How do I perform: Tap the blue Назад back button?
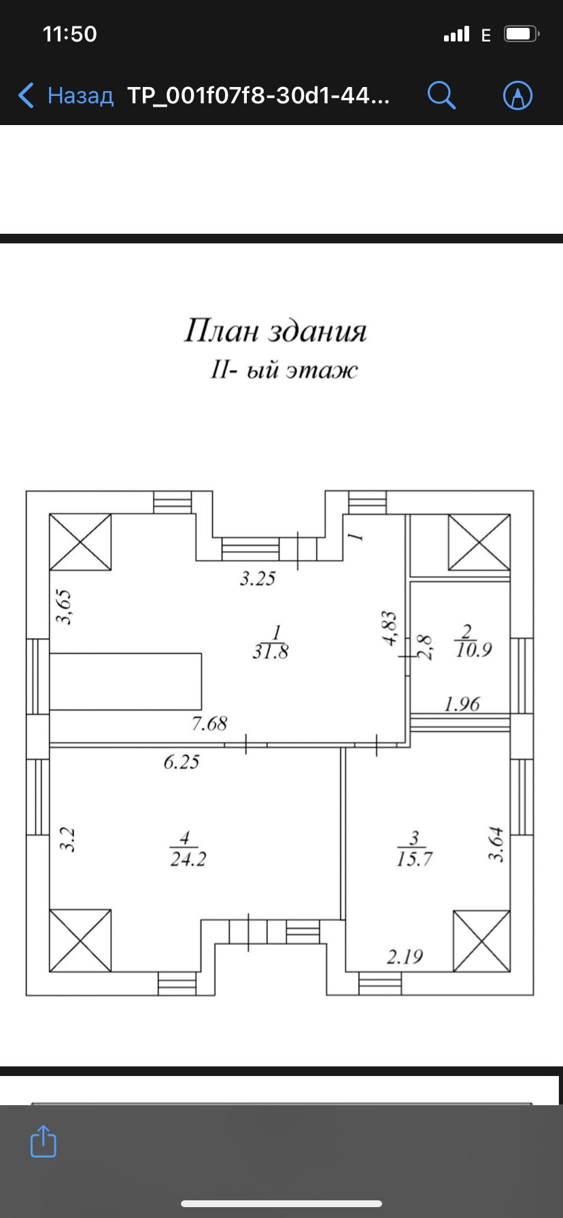coord(66,95)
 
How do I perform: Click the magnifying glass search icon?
coord(441,95)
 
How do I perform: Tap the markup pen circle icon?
coord(517,95)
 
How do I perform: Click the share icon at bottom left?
coord(43,1141)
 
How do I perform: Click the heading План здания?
coord(275,331)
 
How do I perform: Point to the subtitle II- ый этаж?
coord(284,370)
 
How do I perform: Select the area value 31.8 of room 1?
coord(271,652)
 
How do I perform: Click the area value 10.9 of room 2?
coord(473,650)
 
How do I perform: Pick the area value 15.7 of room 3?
coord(414,859)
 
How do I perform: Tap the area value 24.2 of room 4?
coord(188,859)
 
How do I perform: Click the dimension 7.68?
coord(209,724)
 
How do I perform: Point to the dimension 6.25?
coord(182,762)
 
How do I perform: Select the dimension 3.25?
coord(258,578)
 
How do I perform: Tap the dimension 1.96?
coord(462,704)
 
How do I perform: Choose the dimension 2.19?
coord(405,957)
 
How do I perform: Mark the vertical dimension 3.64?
coord(497,844)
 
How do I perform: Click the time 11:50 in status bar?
coord(69,34)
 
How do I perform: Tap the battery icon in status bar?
coord(521,34)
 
